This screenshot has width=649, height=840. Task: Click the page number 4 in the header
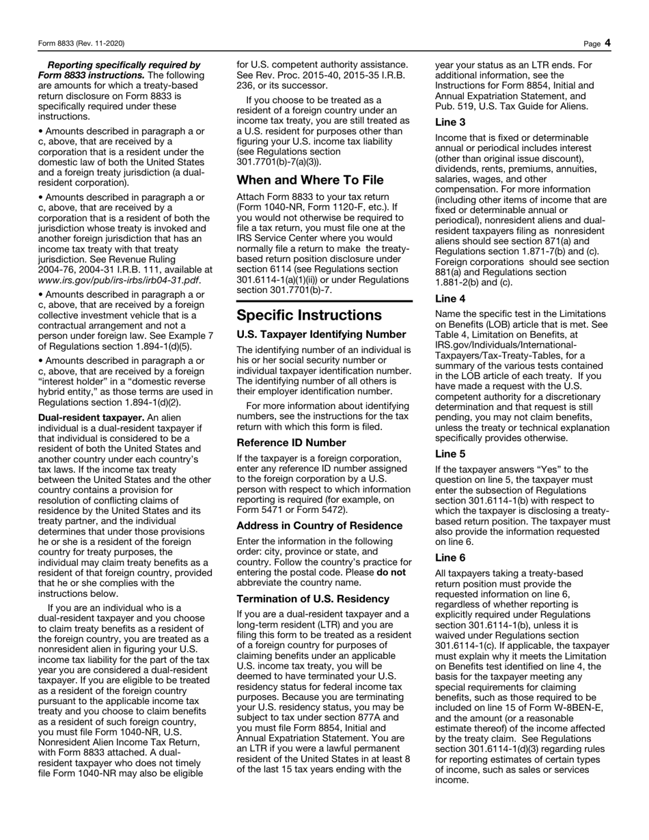607,44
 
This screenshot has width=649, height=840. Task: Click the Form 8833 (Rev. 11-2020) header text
81,44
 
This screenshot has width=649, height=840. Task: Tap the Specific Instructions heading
309,316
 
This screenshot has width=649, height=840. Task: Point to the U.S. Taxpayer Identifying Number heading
321,335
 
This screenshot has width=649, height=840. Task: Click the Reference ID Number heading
291,443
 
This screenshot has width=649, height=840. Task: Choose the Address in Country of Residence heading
319,526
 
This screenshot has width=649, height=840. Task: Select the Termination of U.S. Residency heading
313,599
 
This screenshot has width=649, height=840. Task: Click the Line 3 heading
450,122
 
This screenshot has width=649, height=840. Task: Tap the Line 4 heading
450,298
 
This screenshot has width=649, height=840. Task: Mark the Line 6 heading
450,558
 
